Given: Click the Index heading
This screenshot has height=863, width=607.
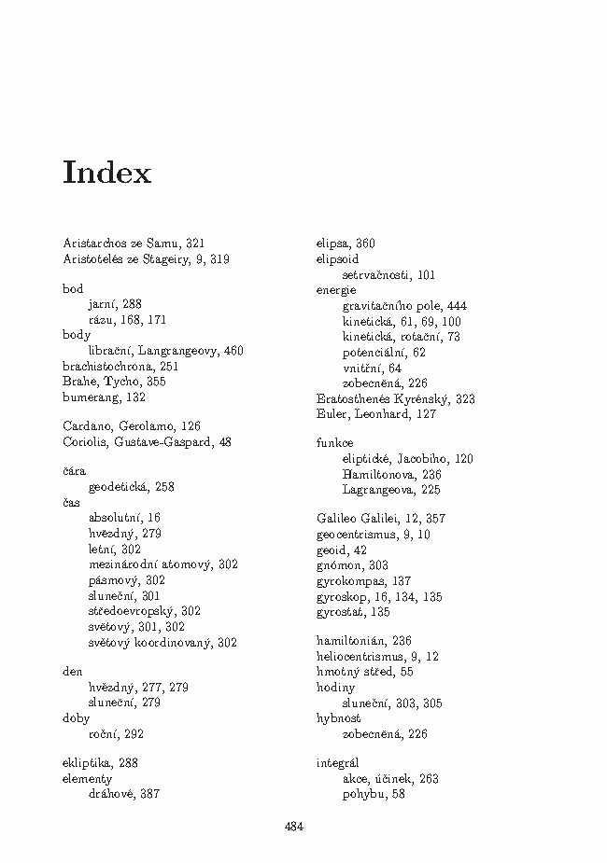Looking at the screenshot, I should point(106,174).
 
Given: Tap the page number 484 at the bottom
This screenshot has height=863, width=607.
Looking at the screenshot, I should point(293,826).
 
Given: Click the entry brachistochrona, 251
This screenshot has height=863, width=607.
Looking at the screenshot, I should point(120,367).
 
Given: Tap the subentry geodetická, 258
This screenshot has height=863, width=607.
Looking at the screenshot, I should point(132,487).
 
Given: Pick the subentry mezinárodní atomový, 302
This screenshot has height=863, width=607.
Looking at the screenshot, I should point(162,564).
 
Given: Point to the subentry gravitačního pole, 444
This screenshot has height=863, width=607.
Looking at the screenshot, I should point(404,306).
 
